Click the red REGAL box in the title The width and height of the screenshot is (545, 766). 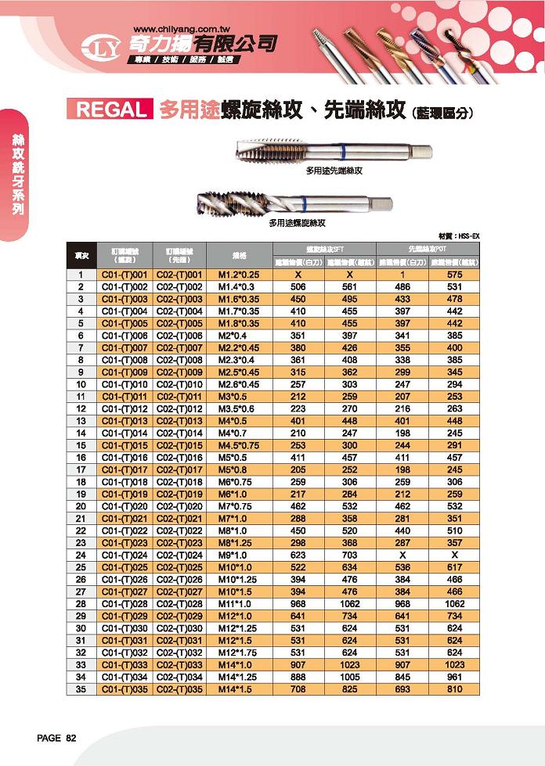click(x=109, y=110)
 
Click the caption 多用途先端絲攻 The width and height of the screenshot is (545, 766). click(x=337, y=170)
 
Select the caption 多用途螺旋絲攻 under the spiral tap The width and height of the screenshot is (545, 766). click(x=297, y=223)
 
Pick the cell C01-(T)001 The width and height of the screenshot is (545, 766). click(x=125, y=275)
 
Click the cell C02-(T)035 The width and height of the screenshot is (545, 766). click(x=179, y=689)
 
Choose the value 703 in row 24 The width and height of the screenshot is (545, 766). click(x=350, y=555)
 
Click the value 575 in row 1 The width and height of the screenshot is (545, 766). click(x=455, y=275)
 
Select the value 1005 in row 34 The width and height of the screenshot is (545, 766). click(x=350, y=677)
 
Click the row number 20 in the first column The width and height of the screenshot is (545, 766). click(x=81, y=506)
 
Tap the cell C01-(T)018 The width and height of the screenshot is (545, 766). click(x=125, y=482)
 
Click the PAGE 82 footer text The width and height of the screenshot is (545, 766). click(x=57, y=739)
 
